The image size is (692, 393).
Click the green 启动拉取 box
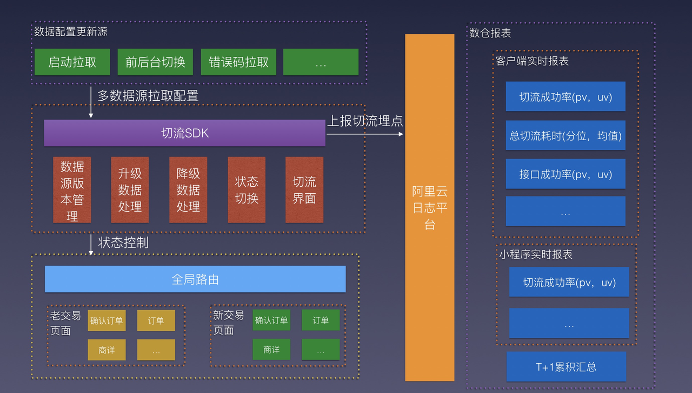pos(72,62)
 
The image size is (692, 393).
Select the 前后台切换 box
pos(155,62)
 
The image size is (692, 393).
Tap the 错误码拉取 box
pos(238,62)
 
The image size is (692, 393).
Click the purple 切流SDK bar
pos(184,133)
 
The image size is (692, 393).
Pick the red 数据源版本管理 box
pos(72,190)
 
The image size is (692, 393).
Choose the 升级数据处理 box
pos(130,190)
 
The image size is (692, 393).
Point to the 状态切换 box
pos(247,190)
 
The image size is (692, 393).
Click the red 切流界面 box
pos(304,190)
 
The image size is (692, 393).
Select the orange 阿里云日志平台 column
pos(430,207)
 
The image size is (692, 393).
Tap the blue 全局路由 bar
pos(195,279)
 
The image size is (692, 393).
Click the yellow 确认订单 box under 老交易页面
pos(107,320)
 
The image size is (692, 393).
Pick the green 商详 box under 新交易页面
pos(271,350)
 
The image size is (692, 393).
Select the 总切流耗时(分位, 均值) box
pos(565,135)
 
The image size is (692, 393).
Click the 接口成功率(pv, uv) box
pos(565,174)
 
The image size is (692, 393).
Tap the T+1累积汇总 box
pos(566,366)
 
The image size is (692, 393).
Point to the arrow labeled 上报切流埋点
pos(365,134)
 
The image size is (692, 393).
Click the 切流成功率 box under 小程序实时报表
pos(569,282)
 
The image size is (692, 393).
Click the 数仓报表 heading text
pos(490,33)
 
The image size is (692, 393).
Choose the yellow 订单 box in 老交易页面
pos(156,320)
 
